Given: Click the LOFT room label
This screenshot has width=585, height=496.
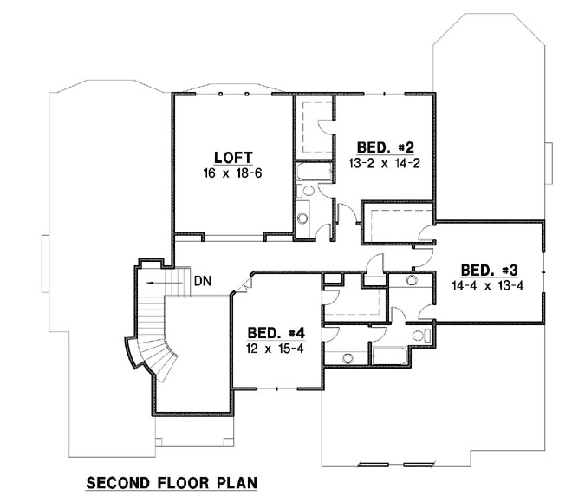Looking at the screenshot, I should tap(233, 157).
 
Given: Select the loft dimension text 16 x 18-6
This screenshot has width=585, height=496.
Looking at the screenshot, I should tap(233, 173).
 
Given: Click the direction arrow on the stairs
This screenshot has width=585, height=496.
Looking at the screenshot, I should tap(156, 282).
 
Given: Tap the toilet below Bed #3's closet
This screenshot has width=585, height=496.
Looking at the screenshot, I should tap(419, 335).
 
